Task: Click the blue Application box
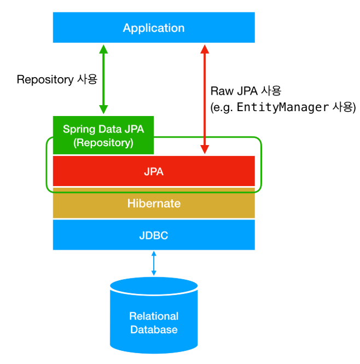coord(154,28)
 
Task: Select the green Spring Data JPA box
coord(103,135)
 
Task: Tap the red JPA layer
coord(154,171)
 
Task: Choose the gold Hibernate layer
coord(154,204)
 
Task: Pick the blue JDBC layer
coord(154,235)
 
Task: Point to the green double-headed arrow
coord(103,79)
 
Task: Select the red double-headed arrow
coord(205,99)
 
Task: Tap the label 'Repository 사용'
coord(57,79)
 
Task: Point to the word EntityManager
coord(282,108)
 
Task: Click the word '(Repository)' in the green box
coord(103,143)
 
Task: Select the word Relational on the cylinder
coord(154,316)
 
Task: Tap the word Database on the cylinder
coord(154,330)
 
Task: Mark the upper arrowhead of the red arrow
coord(205,49)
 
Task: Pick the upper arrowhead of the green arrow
coord(103,49)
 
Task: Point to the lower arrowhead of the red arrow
coord(205,149)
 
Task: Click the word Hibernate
coord(154,204)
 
